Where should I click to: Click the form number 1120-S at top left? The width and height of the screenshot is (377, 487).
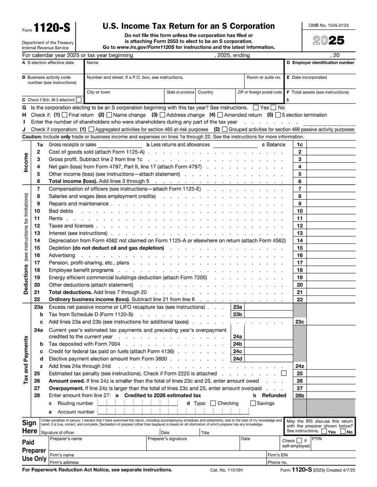[52, 28]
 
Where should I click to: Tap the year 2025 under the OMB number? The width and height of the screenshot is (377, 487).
[329, 41]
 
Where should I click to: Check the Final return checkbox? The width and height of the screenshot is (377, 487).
[64, 115]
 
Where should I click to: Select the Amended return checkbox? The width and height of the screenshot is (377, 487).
[220, 115]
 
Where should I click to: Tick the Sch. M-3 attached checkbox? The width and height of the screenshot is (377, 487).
[78, 100]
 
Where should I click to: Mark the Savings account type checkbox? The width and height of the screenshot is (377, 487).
[253, 403]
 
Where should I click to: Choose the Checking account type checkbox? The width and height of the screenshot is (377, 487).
[213, 403]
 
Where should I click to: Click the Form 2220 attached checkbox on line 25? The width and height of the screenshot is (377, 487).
[284, 373]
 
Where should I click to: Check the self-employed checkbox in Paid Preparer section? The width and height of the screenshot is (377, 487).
[299, 440]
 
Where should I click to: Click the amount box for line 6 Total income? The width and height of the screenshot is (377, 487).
[331, 181]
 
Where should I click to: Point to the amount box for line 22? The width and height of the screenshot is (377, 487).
[331, 300]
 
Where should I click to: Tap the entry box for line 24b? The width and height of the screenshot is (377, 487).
[268, 344]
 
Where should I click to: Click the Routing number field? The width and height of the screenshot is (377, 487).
[138, 403]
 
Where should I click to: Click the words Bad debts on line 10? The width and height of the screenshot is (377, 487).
[61, 211]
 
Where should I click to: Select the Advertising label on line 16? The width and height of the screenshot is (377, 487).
[62, 256]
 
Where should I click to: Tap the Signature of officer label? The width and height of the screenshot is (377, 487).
[58, 433]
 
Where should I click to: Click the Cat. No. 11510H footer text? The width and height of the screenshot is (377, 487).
[226, 470]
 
